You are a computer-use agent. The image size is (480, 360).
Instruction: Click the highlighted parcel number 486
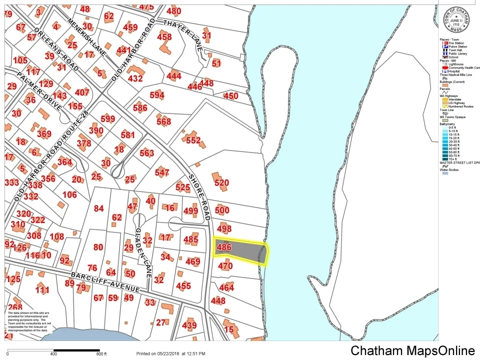224,247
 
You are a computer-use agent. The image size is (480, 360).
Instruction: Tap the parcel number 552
193,140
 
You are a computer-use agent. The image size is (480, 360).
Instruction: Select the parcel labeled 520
221,183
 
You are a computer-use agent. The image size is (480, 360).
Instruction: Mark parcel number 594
156,95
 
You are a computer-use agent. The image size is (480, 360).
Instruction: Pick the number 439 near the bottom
189,325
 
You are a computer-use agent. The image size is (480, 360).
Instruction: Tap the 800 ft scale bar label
101,354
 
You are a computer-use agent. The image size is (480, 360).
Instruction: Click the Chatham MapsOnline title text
412,350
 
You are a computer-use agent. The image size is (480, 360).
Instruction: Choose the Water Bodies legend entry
449,169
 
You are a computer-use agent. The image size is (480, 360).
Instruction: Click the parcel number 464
226,287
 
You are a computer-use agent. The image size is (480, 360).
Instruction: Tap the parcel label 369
44,134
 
